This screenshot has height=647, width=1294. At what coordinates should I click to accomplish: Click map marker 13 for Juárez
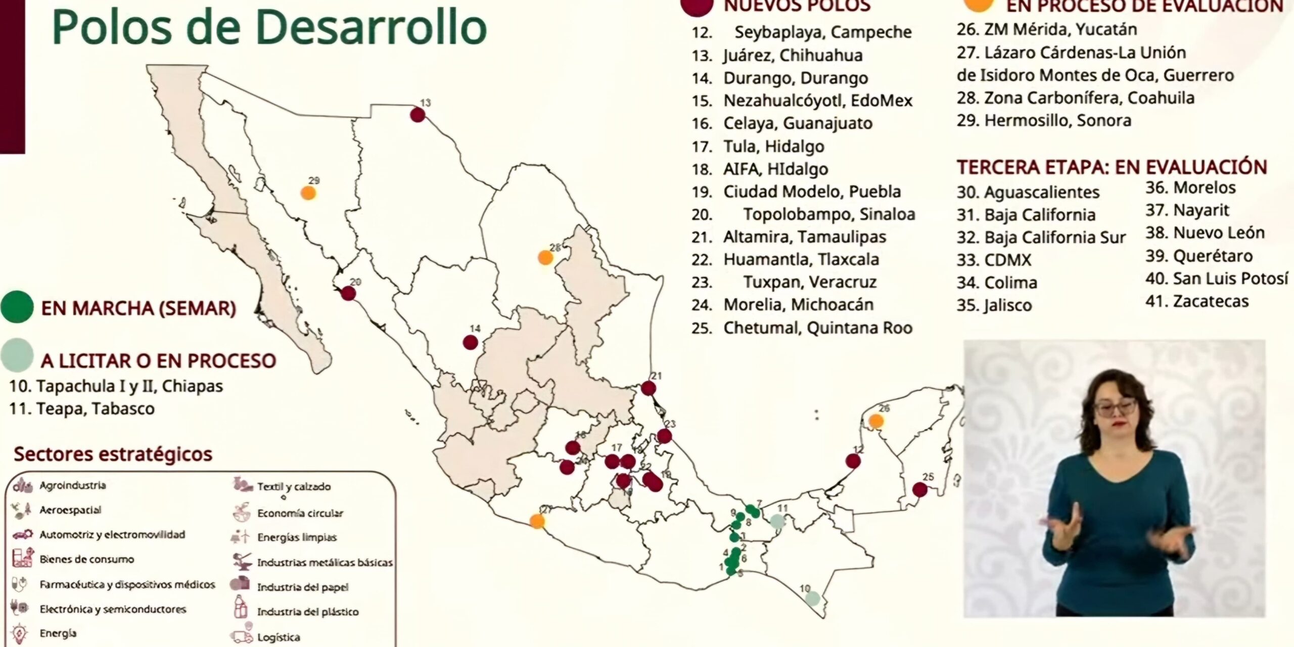pos(417,115)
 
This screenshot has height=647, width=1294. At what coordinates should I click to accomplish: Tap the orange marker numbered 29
pos(308,193)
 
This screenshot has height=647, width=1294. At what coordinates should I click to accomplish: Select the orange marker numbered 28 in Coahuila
pos(545,257)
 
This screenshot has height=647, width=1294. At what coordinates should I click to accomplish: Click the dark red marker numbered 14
pos(470,342)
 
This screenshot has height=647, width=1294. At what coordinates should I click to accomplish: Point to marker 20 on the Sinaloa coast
pos(348,293)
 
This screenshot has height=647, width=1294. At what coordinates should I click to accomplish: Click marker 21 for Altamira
pos(648,388)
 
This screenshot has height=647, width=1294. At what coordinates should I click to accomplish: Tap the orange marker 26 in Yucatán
pos(876,421)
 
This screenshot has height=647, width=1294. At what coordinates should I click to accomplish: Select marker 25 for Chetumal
pos(919,489)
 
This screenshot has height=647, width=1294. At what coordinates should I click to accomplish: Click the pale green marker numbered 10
pos(812,598)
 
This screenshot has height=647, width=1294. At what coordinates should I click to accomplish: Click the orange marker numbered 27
pos(537,521)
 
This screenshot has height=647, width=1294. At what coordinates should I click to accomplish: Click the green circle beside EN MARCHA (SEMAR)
pos(17,307)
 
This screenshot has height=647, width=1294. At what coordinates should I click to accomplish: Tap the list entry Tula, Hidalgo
pos(773,147)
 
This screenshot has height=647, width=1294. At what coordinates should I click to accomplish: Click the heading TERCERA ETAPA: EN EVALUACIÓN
pos(1112,167)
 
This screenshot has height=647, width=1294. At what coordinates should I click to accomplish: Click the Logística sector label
pos(278,637)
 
